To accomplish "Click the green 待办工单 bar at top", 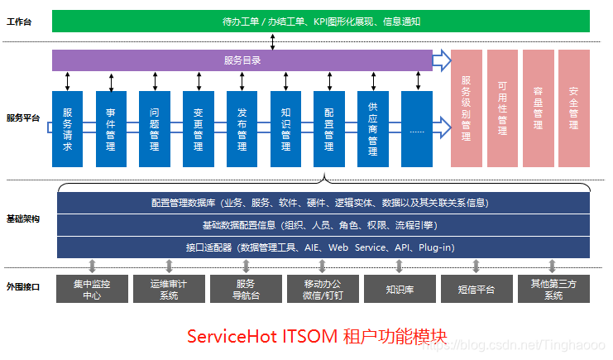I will pos(321,21).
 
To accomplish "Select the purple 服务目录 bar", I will pos(242,60).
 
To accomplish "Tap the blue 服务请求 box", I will pos(68,128).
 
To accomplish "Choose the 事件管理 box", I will pos(111,128).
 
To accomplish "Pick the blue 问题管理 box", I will pos(155,128).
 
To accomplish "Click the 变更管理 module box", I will pos(199,128).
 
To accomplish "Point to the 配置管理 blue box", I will pos(329,128).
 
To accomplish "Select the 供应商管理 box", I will pos(372,128).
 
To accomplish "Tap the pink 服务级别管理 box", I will pos(467,108).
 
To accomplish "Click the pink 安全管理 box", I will pos(574,108).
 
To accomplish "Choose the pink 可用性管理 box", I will pos(503,108).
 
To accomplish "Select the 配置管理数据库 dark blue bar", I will pos(323,202).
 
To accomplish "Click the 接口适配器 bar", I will pos(323,247).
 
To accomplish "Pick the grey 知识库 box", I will pos(400,289).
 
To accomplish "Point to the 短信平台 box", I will pos(477,289).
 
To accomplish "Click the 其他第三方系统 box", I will pos(553,289).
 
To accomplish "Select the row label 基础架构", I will pos(23,219).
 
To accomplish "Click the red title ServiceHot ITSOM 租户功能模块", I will pos(317,337).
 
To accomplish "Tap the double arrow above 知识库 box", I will pos(400,266).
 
